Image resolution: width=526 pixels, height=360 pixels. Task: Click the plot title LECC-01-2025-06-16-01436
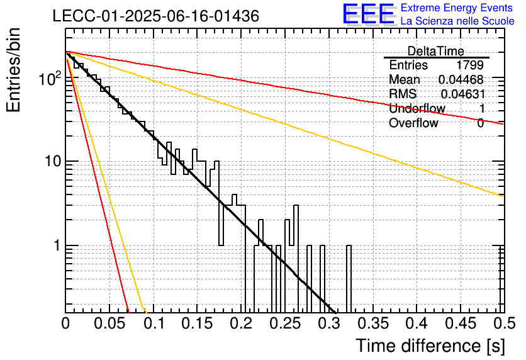tap(156, 16)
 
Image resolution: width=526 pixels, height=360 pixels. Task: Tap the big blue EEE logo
tap(369, 14)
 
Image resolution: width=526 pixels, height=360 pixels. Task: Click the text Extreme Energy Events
tap(457, 8)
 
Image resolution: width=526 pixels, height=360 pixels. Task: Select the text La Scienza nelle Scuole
tap(457, 21)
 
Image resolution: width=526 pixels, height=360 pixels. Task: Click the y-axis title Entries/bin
tap(13, 70)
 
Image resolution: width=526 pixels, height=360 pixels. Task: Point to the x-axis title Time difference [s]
tap(430, 346)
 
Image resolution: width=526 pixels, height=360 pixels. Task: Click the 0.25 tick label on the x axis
tap(286, 323)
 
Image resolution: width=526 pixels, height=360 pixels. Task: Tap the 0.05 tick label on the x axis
tap(109, 323)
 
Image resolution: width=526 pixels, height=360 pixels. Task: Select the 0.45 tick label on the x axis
tap(461, 323)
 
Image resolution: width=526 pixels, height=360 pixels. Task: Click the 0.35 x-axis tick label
tap(373, 323)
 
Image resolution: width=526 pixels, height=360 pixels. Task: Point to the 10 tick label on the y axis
tap(52, 161)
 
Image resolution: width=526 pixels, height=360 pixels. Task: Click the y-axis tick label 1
tap(57, 245)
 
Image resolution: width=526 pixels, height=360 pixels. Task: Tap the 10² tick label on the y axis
tap(50, 79)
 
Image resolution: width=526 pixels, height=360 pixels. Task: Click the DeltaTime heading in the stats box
tap(436, 51)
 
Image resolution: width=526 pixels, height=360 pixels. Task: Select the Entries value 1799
tap(469, 65)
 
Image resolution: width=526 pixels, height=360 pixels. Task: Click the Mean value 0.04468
tap(461, 79)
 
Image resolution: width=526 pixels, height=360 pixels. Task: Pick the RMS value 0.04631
tap(463, 94)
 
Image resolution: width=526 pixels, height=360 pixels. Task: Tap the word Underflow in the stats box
tap(417, 108)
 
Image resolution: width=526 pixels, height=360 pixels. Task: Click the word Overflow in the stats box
tap(413, 123)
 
